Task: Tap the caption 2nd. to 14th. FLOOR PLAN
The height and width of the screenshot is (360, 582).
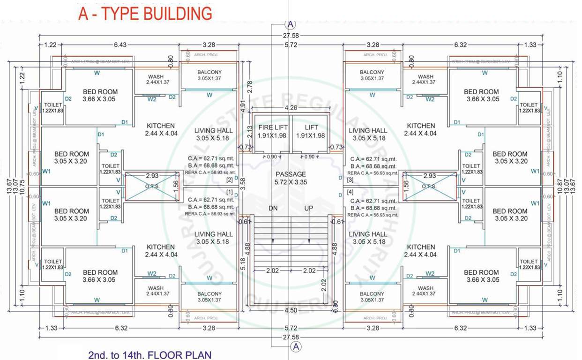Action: pyautogui.click(x=150, y=354)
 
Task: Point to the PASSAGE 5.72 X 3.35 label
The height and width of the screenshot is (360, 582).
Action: pyautogui.click(x=291, y=178)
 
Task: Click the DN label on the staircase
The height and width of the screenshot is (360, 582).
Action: pyautogui.click(x=273, y=208)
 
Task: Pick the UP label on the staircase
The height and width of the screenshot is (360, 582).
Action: pyautogui.click(x=309, y=208)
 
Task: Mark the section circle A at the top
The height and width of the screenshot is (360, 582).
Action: pyautogui.click(x=291, y=25)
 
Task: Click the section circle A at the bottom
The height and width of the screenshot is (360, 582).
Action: pyautogui.click(x=296, y=346)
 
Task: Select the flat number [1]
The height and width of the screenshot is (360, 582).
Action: pyautogui.click(x=229, y=192)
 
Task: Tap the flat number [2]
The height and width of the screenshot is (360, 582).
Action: pyautogui.click(x=229, y=180)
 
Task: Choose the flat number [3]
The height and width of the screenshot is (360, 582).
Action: pyautogui.click(x=350, y=180)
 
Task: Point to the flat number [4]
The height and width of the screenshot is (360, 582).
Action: pyautogui.click(x=350, y=192)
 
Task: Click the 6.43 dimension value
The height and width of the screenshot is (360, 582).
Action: pyautogui.click(x=120, y=45)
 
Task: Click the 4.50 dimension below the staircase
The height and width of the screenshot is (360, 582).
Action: pyautogui.click(x=291, y=310)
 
